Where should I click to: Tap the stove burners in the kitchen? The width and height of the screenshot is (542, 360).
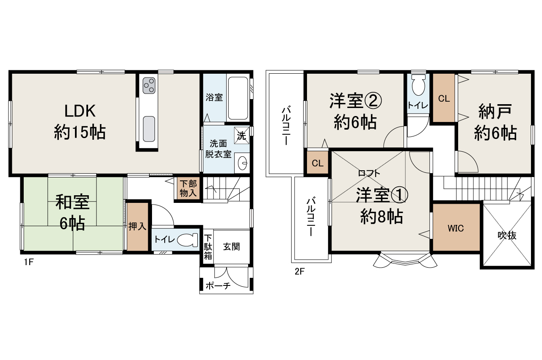pyautogui.click(x=149, y=86)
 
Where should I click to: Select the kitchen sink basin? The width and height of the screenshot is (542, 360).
pyautogui.click(x=149, y=129)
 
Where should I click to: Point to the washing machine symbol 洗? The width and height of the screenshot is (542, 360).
pyautogui.click(x=241, y=136)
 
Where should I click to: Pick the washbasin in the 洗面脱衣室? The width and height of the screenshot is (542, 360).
pyautogui.click(x=243, y=163)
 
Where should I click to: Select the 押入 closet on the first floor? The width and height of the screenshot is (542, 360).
pyautogui.click(x=137, y=227)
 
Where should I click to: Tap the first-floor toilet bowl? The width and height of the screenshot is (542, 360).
pyautogui.click(x=187, y=240)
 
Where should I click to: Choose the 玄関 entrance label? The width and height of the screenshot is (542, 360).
pyautogui.click(x=232, y=246)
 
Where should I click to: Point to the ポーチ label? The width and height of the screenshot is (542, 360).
pyautogui.click(x=218, y=286)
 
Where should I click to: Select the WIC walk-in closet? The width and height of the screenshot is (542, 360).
pyautogui.click(x=456, y=228)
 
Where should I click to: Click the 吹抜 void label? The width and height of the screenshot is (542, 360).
pyautogui.click(x=507, y=235)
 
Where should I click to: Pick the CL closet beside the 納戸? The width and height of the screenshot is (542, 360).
pyautogui.click(x=444, y=99)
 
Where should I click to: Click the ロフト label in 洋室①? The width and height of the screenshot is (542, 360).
pyautogui.click(x=369, y=173)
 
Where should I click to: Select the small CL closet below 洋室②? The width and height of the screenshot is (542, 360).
pyautogui.click(x=318, y=163)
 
